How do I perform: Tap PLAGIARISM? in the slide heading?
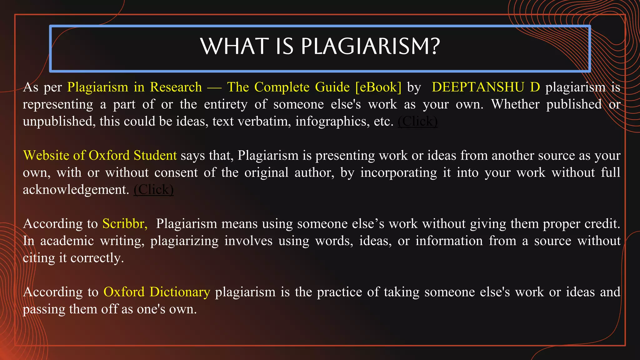(370, 46)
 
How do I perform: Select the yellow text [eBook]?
(378, 87)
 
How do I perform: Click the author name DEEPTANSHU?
(478, 87)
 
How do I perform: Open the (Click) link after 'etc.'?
(417, 121)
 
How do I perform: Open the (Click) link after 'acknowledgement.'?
(153, 190)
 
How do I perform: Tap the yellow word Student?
(155, 155)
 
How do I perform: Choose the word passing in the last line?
(44, 309)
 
